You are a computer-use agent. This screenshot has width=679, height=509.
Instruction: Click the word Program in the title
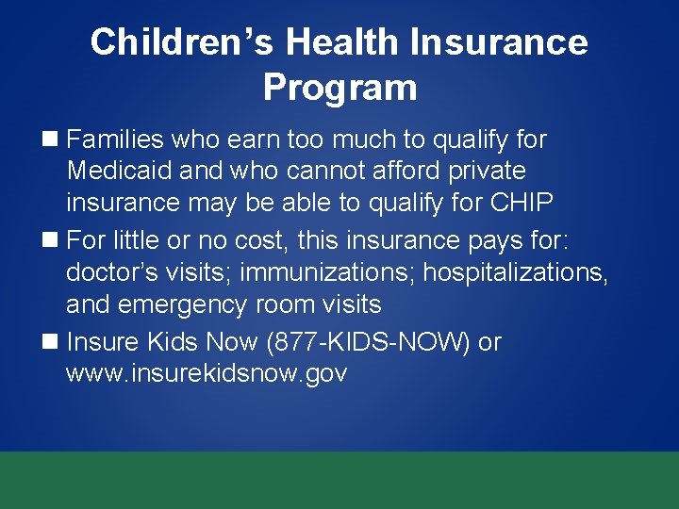point(339,88)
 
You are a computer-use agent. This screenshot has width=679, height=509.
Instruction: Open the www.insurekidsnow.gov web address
point(207,374)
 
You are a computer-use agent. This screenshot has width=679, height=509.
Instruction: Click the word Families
point(116,140)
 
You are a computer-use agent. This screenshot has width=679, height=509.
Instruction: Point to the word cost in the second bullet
point(257,241)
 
